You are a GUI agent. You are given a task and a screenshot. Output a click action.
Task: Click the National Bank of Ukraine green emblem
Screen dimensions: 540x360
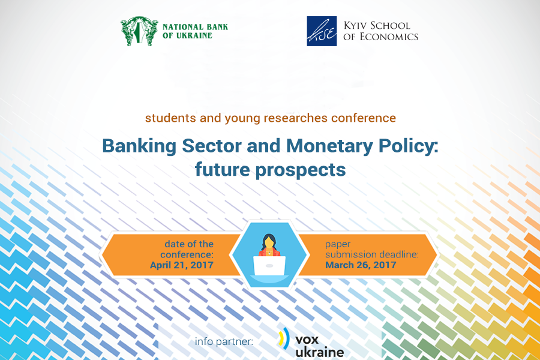139,31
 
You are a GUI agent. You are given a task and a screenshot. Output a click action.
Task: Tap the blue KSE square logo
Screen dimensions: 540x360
322,31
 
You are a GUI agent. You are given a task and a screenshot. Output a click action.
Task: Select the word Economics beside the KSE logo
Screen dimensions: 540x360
389,37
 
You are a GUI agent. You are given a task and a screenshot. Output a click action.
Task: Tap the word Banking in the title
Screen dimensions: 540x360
139,146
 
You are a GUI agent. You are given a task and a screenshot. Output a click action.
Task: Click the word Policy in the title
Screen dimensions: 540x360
409,146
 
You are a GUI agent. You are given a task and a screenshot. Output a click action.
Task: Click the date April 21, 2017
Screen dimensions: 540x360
181,265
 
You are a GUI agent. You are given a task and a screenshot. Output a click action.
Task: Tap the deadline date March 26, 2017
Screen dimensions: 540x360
361,265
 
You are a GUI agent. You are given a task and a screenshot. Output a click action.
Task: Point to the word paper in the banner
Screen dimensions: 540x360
338,245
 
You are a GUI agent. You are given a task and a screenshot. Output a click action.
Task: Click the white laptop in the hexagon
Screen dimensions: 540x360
269,266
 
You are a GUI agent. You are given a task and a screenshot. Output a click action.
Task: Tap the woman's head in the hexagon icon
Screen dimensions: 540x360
269,241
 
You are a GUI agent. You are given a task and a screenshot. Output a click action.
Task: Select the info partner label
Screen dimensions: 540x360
224,341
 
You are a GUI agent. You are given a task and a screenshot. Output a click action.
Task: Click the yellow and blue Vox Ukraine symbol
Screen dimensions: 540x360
284,338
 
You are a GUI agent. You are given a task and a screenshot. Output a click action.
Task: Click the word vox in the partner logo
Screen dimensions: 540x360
307,340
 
